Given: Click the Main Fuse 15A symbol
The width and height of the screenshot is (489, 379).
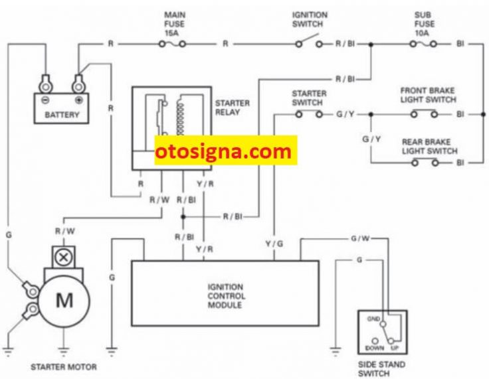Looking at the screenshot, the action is (x=172, y=44).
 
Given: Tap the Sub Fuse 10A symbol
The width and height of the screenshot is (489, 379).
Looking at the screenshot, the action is (x=423, y=44).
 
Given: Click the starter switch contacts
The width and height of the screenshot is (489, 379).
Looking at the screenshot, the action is (x=309, y=114).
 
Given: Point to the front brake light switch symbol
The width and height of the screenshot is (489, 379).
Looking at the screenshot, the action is (x=424, y=114).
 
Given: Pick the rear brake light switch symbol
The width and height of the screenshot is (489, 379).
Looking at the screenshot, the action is (x=425, y=163).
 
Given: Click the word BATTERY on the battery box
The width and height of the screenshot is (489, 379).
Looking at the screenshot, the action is (x=62, y=115).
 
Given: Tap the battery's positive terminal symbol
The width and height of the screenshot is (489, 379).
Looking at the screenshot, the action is (x=79, y=100).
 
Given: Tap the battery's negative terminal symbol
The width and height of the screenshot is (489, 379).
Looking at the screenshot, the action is (x=46, y=100).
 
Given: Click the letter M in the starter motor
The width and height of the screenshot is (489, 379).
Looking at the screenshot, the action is (x=64, y=301).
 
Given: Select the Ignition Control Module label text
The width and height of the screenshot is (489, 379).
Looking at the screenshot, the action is (x=226, y=296).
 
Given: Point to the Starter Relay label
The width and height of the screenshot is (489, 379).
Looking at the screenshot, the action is (x=233, y=108).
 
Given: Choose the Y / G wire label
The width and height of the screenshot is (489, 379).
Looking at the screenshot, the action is (x=274, y=244).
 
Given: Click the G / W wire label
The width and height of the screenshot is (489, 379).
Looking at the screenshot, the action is (x=360, y=238).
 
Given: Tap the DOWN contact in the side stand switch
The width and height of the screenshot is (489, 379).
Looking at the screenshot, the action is (x=375, y=341).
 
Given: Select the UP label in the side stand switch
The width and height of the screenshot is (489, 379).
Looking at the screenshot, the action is (x=395, y=348).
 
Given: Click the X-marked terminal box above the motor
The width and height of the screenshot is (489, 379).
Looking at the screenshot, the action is (x=64, y=258).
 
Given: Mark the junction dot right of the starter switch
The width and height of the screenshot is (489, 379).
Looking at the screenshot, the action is (x=371, y=114).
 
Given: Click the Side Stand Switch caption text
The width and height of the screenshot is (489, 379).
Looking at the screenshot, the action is (x=381, y=369).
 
